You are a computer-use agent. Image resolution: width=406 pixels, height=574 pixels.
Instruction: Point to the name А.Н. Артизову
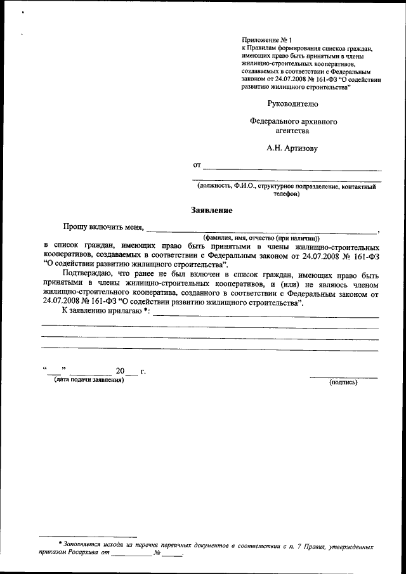tap(291, 148)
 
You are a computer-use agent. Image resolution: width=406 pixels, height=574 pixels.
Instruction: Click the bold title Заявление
tap(212, 210)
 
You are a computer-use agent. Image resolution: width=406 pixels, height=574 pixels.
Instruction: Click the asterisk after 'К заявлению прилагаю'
tap(147, 310)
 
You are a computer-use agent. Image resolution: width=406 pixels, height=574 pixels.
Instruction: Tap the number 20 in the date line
tap(120, 371)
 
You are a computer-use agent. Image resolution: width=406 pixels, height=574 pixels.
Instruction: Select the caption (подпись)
tap(343, 382)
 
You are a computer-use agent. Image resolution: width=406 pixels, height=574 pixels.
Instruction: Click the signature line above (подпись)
tap(343, 377)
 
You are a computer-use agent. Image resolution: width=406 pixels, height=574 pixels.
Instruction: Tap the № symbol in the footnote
tap(156, 553)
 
